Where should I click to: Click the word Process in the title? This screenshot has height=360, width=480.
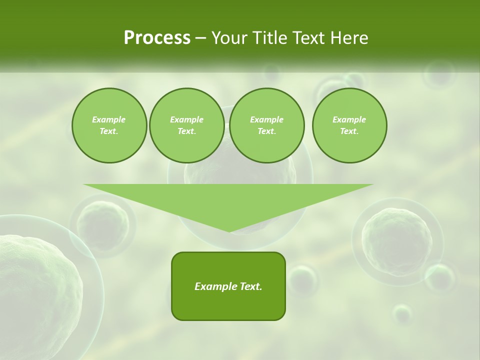click(x=157, y=38)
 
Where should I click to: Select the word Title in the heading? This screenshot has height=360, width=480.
click(x=272, y=38)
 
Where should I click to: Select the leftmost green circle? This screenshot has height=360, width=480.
click(x=109, y=125)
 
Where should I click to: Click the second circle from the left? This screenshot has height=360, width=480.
click(x=186, y=125)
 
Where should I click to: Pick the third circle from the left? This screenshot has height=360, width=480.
click(x=266, y=125)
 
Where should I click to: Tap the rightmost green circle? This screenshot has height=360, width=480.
click(x=349, y=125)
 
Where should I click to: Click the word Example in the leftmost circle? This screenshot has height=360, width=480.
click(x=109, y=119)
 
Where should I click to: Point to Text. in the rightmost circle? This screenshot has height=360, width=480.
click(x=349, y=131)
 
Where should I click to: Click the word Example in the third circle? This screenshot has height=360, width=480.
click(x=266, y=119)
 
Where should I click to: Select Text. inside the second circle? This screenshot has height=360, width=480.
click(x=186, y=131)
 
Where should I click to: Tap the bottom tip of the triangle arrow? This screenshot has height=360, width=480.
click(x=229, y=230)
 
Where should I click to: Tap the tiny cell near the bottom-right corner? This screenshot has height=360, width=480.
click(x=402, y=314)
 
